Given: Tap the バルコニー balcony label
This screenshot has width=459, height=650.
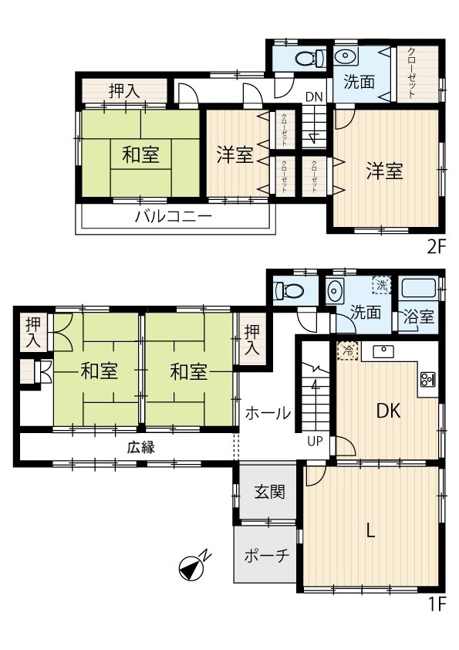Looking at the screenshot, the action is [x=173, y=216].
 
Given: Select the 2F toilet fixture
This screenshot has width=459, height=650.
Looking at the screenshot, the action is [x=311, y=58].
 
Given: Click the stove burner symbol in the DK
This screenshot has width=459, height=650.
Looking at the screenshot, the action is [x=428, y=379].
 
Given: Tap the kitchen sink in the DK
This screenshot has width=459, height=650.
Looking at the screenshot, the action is [x=383, y=351].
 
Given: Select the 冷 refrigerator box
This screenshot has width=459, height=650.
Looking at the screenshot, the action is [x=346, y=351].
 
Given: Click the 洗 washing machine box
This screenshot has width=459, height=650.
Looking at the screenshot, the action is [x=382, y=284].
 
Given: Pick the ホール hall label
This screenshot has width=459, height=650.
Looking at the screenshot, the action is [x=268, y=413].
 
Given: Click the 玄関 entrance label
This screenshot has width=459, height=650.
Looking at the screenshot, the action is [x=270, y=492].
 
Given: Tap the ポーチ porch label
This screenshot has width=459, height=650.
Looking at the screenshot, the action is [x=266, y=555].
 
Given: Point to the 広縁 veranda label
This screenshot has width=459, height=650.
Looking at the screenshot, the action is [x=141, y=447].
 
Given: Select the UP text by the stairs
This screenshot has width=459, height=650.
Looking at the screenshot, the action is [x=316, y=441].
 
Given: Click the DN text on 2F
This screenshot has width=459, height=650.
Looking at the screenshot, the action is [x=314, y=97].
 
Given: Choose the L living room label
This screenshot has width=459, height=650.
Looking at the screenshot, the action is [x=371, y=530].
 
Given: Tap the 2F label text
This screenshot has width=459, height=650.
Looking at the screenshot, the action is [x=436, y=247].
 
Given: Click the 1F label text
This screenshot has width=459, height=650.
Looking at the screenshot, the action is [x=437, y=604].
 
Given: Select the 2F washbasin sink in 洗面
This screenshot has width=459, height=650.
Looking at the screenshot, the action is [x=345, y=57].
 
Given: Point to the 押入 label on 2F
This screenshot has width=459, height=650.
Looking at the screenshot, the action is [x=124, y=91].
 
